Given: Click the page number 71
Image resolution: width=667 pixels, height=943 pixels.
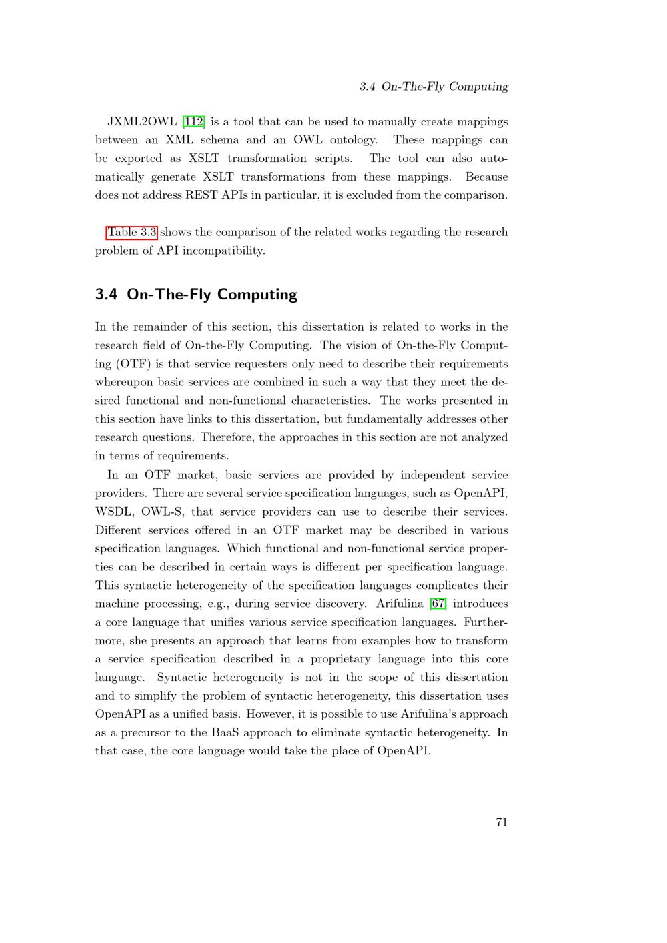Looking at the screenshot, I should [x=502, y=822].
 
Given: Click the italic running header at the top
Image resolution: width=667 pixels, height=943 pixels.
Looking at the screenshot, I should [x=433, y=87].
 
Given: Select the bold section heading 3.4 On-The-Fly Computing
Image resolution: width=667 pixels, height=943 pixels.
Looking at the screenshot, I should [x=196, y=294].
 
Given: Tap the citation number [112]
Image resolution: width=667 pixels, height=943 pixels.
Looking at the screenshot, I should [x=194, y=121].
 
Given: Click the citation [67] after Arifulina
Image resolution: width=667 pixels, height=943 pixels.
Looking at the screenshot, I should [x=438, y=604].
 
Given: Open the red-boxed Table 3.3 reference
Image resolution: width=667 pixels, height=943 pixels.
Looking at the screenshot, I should [x=132, y=232].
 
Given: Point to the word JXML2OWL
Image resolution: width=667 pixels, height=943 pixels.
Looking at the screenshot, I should [x=141, y=121].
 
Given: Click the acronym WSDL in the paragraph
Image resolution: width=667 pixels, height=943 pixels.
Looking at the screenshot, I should [x=115, y=512].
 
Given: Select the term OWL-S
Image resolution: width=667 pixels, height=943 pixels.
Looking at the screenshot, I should [x=162, y=512].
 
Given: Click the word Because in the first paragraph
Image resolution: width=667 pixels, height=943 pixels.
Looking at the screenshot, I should [x=486, y=177].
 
